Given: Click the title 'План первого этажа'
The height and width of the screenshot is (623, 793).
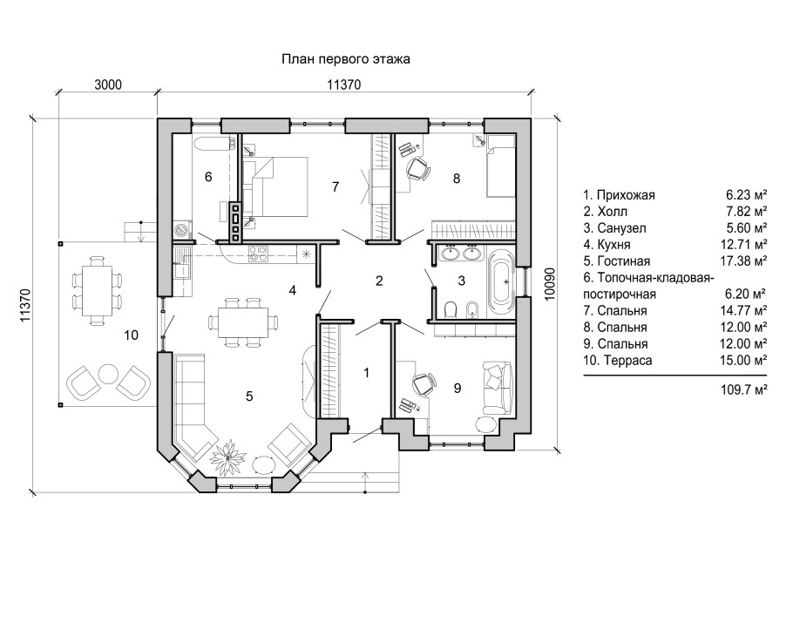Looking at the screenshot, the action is coord(345,59).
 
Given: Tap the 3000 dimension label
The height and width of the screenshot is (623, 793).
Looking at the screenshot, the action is coord(108,85).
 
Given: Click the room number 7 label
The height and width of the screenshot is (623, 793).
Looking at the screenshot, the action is coord(335,187).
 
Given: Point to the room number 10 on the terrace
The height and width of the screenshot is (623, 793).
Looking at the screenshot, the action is coord(131,335).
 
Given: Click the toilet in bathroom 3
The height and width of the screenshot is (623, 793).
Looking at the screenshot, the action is coord(451,309).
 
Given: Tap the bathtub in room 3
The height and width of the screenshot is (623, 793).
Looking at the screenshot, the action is coord(502,281).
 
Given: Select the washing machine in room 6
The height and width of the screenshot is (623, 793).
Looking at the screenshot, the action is coord(181,230).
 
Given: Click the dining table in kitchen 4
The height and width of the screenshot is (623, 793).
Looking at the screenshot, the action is coord(244,322).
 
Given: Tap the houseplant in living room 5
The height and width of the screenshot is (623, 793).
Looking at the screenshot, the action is coord(228,457).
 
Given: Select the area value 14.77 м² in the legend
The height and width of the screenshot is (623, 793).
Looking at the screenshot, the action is coord(743,310).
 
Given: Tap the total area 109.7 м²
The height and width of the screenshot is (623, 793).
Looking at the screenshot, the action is coord(743,389).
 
